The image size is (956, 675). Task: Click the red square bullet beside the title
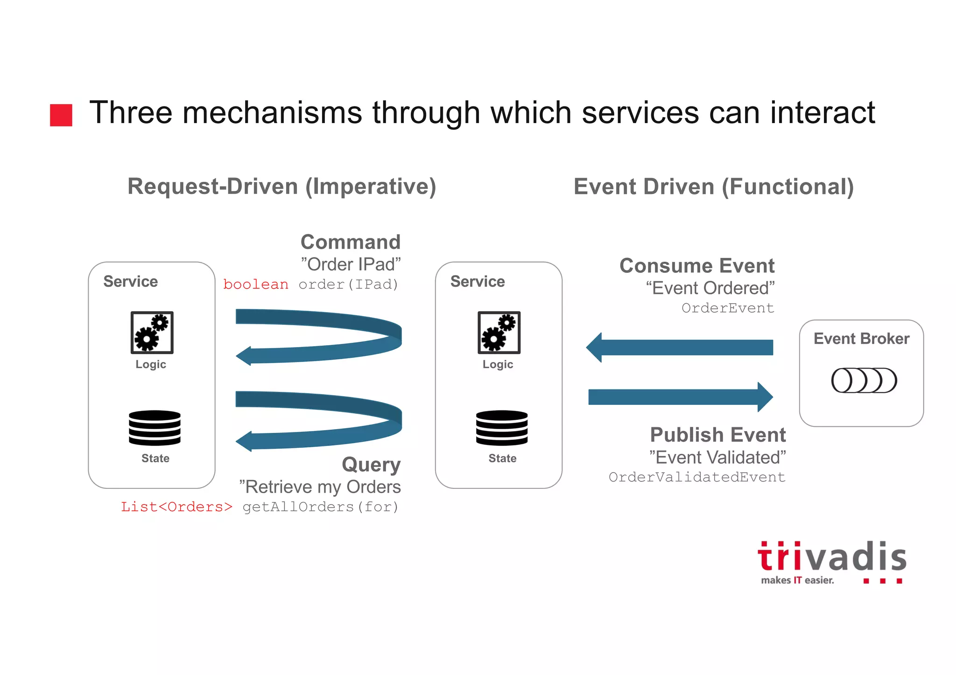[61, 115]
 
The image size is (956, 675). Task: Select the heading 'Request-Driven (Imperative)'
[282, 186]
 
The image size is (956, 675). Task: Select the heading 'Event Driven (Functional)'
[714, 187]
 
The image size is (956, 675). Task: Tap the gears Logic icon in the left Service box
[152, 333]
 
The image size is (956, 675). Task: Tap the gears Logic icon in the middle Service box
[499, 333]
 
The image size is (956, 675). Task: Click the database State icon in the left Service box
[155, 428]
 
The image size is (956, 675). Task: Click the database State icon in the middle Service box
[502, 428]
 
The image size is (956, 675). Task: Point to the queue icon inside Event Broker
[864, 380]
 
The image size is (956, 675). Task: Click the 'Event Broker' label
[861, 339]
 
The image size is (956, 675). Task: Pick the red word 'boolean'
[256, 285]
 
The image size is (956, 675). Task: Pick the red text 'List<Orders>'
[176, 507]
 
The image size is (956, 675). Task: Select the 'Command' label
[351, 242]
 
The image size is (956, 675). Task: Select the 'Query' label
[371, 465]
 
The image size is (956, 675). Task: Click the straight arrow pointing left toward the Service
[680, 348]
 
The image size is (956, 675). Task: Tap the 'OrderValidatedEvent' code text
[697, 477]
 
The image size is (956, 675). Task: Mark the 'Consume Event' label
[697, 266]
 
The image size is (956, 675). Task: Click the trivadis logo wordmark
[832, 557]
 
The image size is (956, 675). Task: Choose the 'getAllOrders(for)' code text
[320, 507]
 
